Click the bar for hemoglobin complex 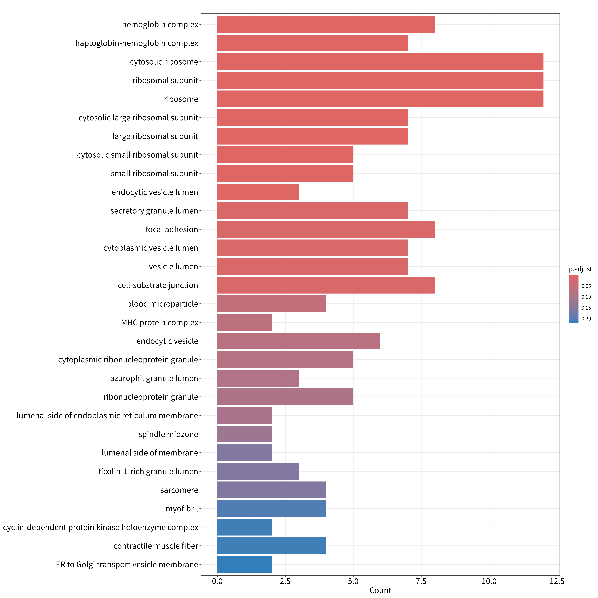coord(326,24)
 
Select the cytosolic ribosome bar coord(380,62)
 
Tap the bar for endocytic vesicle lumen coord(258,192)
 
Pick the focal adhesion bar coord(326,229)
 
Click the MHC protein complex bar coord(244,322)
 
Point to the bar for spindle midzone coord(244,434)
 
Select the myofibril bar coord(272,508)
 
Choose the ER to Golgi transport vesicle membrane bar coord(244,564)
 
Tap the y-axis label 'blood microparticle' coord(162,304)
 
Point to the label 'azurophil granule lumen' coord(154,378)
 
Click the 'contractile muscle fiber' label coord(156,546)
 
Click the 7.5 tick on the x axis coord(421,581)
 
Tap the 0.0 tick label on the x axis coord(217,581)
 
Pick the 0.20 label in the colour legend coord(586,319)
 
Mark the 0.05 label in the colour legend coord(586,286)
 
